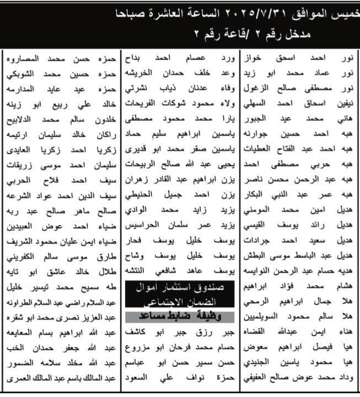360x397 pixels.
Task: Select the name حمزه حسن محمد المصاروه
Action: pos(57,58)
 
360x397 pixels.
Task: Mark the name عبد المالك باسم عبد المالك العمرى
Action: pos(57,380)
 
